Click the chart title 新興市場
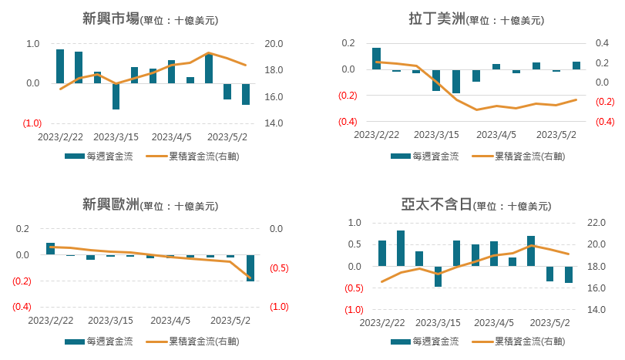[111, 19]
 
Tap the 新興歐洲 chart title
[111, 205]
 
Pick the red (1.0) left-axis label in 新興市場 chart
[32, 123]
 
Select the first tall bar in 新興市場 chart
[60, 66]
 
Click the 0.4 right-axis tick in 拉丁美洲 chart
[604, 43]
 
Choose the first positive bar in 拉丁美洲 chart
[376, 59]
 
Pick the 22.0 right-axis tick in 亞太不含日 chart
[600, 223]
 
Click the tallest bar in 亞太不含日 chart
[401, 248]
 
